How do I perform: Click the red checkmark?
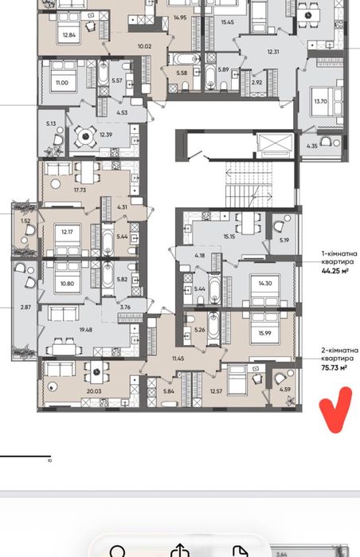tap(335, 410)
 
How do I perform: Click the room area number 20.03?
tap(94, 391)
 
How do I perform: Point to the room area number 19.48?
tap(85, 330)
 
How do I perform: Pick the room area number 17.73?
tap(80, 190)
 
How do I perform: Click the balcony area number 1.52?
tap(25, 221)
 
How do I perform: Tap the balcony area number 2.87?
tap(25, 308)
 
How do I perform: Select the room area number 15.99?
tap(265, 333)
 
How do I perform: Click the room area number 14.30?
tap(265, 283)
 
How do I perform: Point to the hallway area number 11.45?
tap(178, 359)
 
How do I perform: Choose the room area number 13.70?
tap(320, 101)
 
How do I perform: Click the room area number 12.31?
tap(273, 52)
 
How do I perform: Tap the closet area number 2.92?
tap(256, 82)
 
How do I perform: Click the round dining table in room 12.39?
tap(85, 135)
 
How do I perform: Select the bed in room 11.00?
tap(64, 76)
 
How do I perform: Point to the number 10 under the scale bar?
tap(49, 461)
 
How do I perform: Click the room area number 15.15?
tap(229, 236)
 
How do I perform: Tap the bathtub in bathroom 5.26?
tap(213, 328)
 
